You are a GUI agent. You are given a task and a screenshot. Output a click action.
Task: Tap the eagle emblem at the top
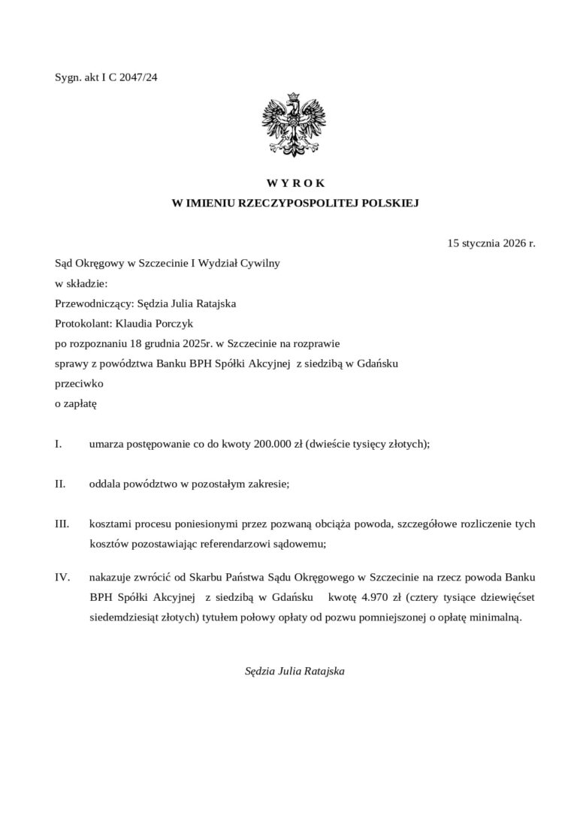pyautogui.click(x=293, y=123)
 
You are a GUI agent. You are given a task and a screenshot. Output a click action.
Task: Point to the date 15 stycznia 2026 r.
pyautogui.click(x=491, y=243)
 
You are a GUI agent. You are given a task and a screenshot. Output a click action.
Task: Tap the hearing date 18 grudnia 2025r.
pyautogui.click(x=163, y=345)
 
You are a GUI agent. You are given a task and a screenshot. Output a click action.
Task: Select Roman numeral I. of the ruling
pyautogui.click(x=59, y=444)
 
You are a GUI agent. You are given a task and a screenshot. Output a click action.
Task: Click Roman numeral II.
pyautogui.click(x=60, y=484)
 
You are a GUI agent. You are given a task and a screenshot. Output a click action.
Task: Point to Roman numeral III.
pyautogui.click(x=62, y=523)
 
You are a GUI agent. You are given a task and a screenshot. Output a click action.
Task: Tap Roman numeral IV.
pyautogui.click(x=62, y=578)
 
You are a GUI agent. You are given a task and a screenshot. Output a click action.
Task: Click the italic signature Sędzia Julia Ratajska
pyautogui.click(x=295, y=671)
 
